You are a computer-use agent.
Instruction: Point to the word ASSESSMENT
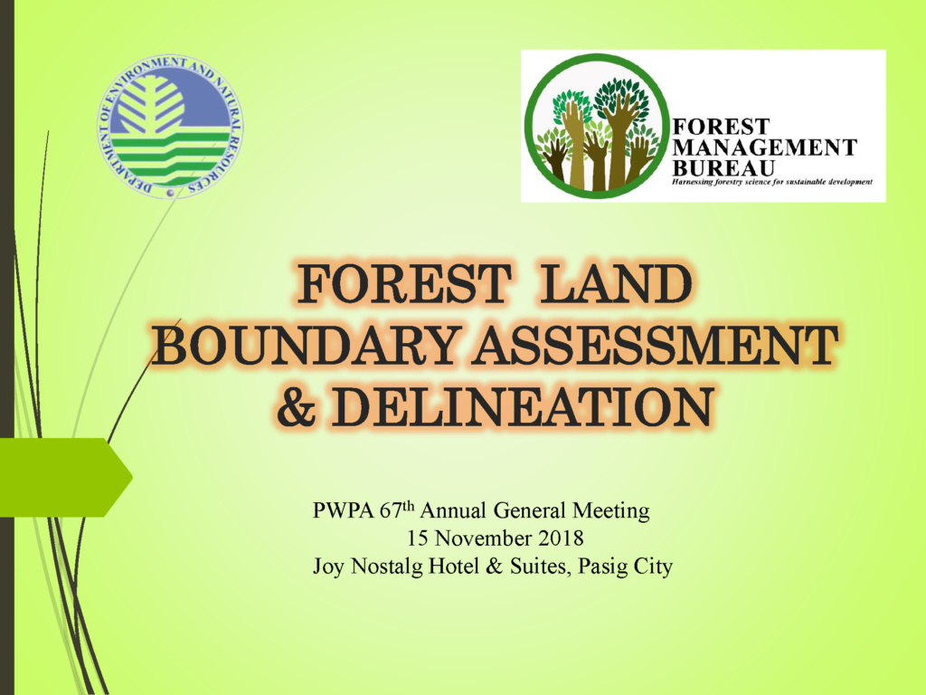coord(655,345)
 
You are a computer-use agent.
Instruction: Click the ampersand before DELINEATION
coord(296,406)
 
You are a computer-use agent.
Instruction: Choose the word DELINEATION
coord(522,406)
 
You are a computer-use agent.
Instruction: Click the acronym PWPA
coord(343,510)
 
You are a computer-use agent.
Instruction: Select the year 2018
coord(559,538)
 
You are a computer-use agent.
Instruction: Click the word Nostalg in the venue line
coord(387,567)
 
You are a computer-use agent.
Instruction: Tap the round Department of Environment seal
coord(169,126)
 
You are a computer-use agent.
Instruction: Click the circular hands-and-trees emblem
coord(597,126)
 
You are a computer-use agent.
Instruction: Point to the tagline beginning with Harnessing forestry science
coord(772,182)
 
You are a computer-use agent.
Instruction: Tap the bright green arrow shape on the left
coord(66,478)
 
